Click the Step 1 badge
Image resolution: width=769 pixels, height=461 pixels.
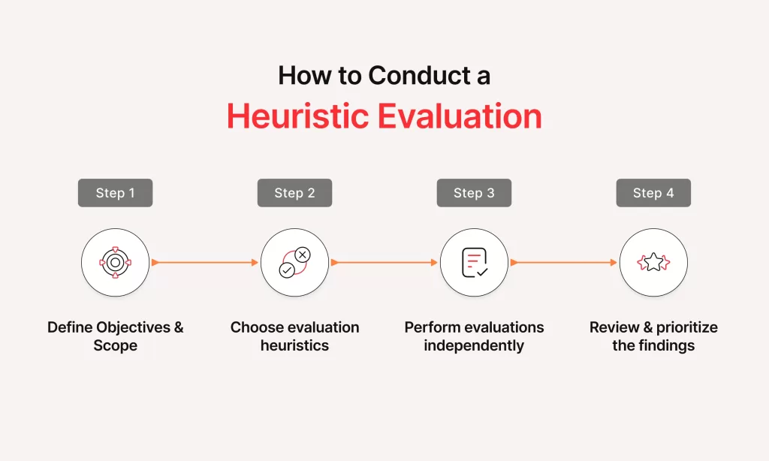[115, 193]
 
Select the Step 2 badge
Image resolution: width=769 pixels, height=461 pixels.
[294, 193]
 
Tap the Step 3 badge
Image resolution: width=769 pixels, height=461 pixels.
[475, 193]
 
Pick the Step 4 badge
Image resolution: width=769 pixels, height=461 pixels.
[654, 193]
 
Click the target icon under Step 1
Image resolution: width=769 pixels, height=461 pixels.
[115, 262]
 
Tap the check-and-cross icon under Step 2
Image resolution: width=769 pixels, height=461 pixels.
[294, 262]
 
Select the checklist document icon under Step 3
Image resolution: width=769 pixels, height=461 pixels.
[475, 262]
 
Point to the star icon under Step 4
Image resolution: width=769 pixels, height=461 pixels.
[654, 262]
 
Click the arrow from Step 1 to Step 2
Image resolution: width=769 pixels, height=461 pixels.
[205, 262]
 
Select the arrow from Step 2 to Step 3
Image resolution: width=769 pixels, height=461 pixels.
[384, 262]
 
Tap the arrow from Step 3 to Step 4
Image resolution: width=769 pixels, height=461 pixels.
[564, 262]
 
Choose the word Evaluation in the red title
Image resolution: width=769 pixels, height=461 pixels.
[460, 116]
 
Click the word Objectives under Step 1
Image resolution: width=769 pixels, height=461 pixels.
[133, 327]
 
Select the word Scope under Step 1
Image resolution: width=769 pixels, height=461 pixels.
[115, 345]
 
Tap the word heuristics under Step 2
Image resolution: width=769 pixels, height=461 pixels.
[294, 345]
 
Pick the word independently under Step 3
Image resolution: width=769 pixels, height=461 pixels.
[475, 345]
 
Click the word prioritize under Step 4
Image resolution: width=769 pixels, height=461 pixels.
[687, 327]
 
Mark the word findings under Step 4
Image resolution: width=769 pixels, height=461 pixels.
[667, 345]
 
